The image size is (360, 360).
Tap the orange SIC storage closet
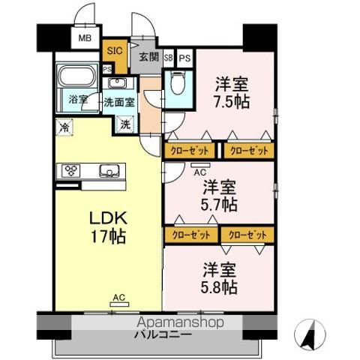pyautogui.click(x=114, y=51)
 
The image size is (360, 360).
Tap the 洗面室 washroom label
pyautogui.click(x=119, y=101)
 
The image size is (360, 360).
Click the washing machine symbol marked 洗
pyautogui.click(x=125, y=124)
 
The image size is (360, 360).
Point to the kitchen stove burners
pyautogui.click(x=70, y=169)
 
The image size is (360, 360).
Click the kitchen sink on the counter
pyautogui.click(x=109, y=169)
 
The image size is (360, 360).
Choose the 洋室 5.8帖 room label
pyautogui.click(x=220, y=277)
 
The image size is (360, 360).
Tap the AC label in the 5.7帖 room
pyautogui.click(x=199, y=171)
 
